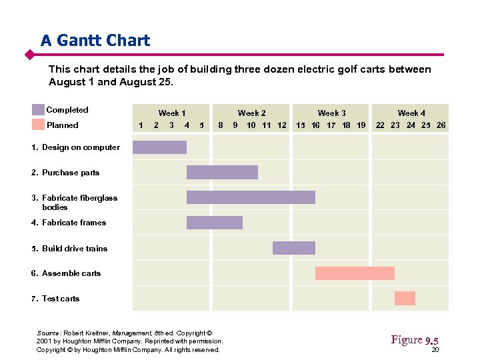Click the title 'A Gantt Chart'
[x=95, y=41]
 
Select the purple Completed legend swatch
[x=38, y=110]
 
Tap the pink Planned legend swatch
[x=38, y=125]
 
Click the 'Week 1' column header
[x=171, y=113]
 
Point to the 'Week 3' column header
[x=331, y=113]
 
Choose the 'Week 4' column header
[x=411, y=113]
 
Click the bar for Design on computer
[x=159, y=147]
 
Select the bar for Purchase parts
[x=222, y=173]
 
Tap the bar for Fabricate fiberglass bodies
[x=251, y=197]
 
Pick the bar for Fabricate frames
[x=214, y=223]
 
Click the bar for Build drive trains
[x=293, y=248]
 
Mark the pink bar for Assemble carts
[x=355, y=273]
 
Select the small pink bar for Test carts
[x=405, y=299]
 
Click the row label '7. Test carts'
[x=55, y=299]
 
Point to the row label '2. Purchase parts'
[x=65, y=173]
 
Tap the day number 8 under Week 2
[x=221, y=125]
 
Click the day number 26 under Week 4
[x=441, y=125]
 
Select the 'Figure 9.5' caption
[x=414, y=340]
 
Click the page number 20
[x=435, y=351]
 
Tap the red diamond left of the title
[x=29, y=54]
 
